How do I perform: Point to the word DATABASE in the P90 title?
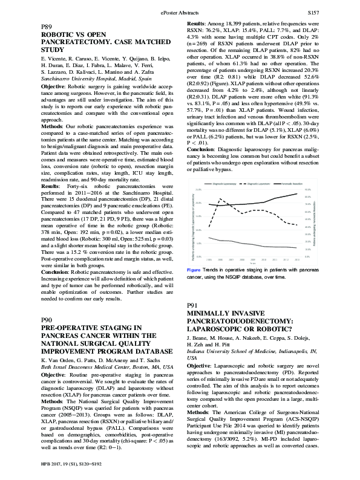tap(145, 351)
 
